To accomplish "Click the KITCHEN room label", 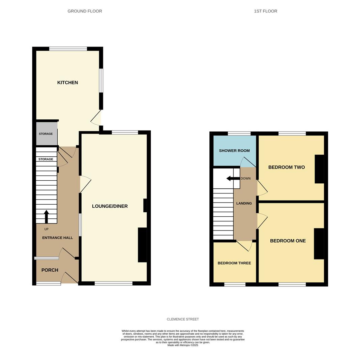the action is [67, 83].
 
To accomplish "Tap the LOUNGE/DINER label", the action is [110, 206].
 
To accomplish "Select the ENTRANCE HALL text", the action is [58, 238].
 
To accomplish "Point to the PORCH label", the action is [50, 270].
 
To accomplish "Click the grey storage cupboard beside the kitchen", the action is [47, 134].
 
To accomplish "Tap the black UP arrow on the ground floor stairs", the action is [47, 217].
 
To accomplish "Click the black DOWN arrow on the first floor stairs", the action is [233, 179].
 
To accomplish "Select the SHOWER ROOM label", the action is [234, 151].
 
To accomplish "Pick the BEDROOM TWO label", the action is [287, 167].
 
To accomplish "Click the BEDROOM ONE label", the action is [288, 241].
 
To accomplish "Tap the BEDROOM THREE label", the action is [234, 263].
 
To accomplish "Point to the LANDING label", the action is [244, 203].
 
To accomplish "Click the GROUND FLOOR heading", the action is [85, 11].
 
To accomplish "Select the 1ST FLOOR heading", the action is [266, 11].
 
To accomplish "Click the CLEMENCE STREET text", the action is [183, 319].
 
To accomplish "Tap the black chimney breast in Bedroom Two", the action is [319, 169].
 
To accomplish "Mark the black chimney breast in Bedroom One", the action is [319, 244].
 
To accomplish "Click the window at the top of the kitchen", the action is [68, 49].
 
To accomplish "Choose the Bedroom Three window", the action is [235, 284].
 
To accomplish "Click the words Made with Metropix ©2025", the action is [183, 345].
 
